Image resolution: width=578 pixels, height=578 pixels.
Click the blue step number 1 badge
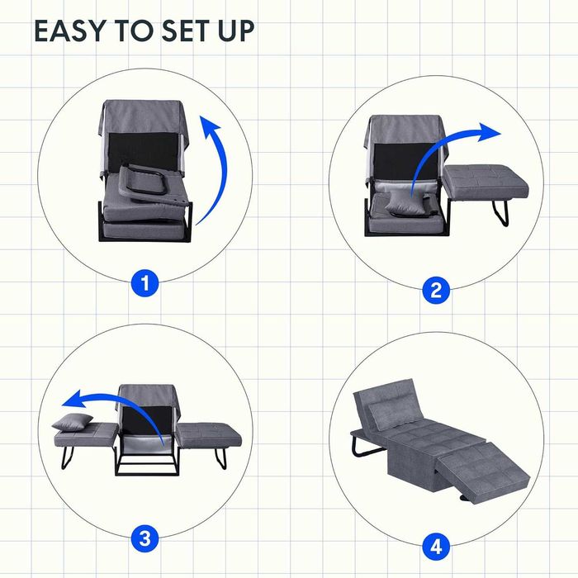pyautogui.click(x=144, y=283)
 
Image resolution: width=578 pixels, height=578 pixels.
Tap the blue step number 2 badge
pyautogui.click(x=436, y=291)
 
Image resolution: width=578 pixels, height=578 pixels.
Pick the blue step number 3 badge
pyautogui.click(x=144, y=538)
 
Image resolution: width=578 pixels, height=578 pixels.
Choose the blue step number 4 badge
pyautogui.click(x=436, y=547)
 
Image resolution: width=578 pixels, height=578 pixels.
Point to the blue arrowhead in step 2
pyautogui.click(x=489, y=133)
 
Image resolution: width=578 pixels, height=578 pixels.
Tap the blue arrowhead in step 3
pyautogui.click(x=73, y=400)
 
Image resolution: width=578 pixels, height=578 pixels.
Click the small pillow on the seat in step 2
pyautogui.click(x=403, y=203)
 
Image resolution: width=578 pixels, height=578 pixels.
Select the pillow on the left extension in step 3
pyautogui.click(x=73, y=422)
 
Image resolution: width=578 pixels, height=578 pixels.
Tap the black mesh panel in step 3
pyautogui.click(x=148, y=420)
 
